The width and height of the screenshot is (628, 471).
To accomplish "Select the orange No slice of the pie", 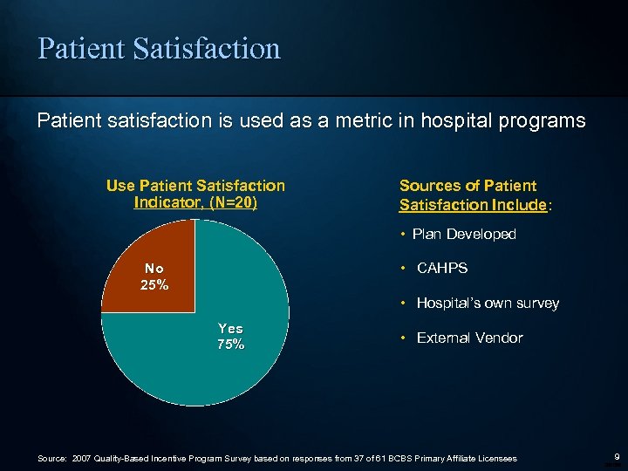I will click(148, 262).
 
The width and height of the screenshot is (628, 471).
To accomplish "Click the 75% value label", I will click(231, 345).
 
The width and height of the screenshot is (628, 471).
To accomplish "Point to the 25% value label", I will click(154, 285).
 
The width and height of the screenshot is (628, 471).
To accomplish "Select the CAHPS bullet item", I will click(441, 269).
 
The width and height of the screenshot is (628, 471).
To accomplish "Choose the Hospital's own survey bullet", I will click(488, 304).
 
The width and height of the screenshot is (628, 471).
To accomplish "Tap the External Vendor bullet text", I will click(469, 338).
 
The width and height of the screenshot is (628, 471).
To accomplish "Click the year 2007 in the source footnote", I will click(82, 459).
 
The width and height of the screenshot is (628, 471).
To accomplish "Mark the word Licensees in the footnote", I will click(497, 459).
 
